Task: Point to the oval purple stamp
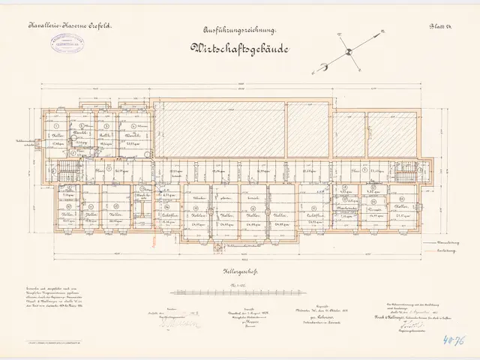pos(65,43)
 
